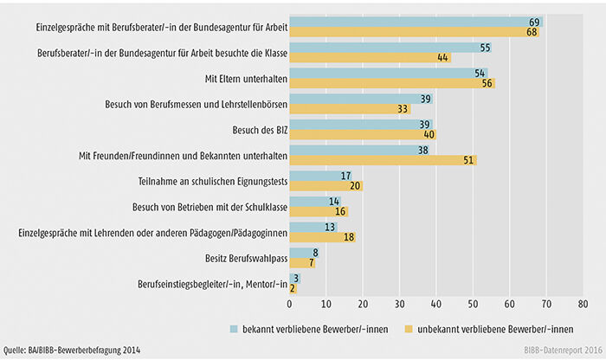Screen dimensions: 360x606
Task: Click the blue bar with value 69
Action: pyautogui.click(x=416, y=21)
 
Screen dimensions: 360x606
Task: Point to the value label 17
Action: pyautogui.click(x=345, y=176)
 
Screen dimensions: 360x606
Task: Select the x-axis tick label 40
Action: pyautogui.click(x=435, y=305)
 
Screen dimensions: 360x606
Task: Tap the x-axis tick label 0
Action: pyautogui.click(x=290, y=305)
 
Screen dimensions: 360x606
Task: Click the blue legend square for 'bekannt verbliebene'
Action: pyautogui.click(x=234, y=330)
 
